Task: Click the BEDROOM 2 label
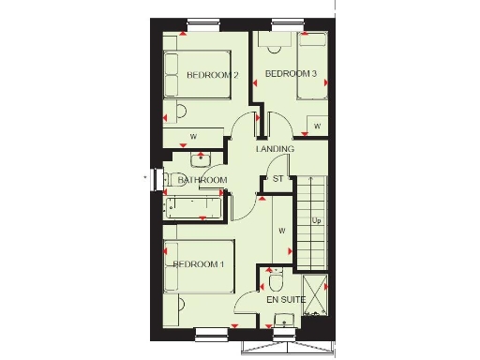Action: point(212,75)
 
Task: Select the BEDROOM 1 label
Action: point(198,264)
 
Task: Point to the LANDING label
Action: point(276,149)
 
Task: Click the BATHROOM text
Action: point(203,180)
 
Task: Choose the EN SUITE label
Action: point(286,300)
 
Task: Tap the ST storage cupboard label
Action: point(277,178)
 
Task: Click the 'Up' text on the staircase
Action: point(316,221)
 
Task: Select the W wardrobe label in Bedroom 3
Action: point(318,126)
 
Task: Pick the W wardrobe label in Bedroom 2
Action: point(193,137)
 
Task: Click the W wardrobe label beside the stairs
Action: point(280,230)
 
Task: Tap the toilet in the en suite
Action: point(277,280)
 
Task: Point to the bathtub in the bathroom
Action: point(196,208)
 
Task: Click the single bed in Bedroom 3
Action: point(312,66)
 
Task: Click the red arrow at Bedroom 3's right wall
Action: point(325,83)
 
